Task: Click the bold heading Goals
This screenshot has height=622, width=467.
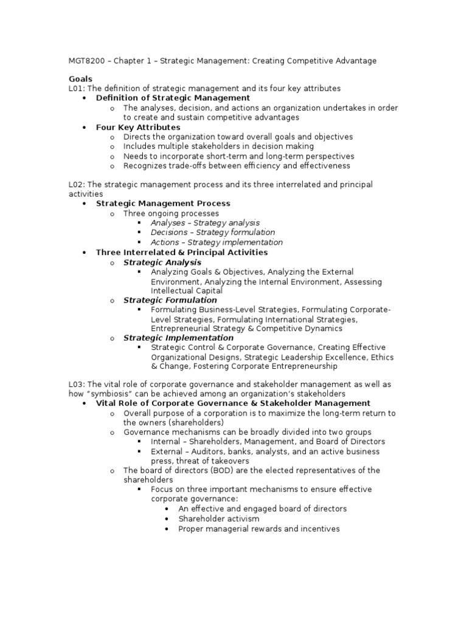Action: (80, 79)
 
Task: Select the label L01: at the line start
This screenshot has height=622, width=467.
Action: (77, 89)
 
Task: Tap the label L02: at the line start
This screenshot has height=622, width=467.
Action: (77, 184)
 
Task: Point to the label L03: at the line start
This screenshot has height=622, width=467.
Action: (77, 384)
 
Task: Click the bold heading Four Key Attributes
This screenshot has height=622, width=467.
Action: (138, 128)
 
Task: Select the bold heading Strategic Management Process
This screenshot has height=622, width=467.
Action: (163, 203)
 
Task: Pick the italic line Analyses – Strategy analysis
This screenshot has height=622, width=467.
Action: (205, 223)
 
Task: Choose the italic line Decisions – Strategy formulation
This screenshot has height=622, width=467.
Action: (213, 232)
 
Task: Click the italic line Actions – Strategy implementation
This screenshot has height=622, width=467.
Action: (216, 242)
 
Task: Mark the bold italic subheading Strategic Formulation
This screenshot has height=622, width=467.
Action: (170, 300)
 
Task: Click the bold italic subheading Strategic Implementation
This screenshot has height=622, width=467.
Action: (178, 338)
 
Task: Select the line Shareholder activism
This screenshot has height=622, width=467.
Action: (219, 519)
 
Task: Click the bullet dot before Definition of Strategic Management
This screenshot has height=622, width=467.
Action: (85, 98)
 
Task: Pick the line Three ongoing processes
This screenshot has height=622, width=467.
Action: (171, 213)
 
